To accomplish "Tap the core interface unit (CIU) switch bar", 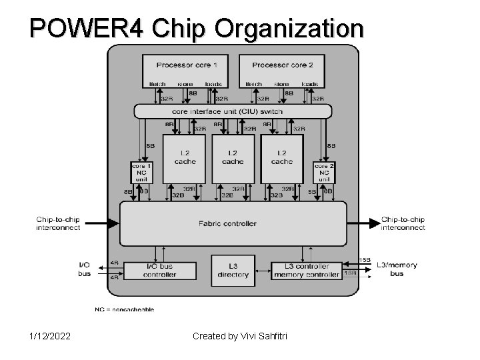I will pyautogui.click(x=232, y=111).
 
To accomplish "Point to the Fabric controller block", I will pyautogui.click(x=233, y=223).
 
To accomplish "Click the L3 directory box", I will pyautogui.click(x=233, y=271).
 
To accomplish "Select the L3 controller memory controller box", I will pyautogui.click(x=307, y=270).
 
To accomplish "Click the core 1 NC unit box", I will pyautogui.click(x=141, y=173).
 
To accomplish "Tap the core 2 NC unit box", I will pyautogui.click(x=324, y=173).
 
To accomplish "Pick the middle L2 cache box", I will pyautogui.click(x=233, y=158).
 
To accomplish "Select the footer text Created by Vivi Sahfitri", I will pyautogui.click(x=239, y=335).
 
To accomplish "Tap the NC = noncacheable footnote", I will pyautogui.click(x=124, y=309).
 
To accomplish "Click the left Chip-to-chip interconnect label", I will pyautogui.click(x=58, y=223).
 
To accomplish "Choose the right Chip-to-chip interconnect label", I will pyautogui.click(x=403, y=223).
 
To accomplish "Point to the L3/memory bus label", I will pyautogui.click(x=397, y=269).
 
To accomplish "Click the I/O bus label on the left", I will pyautogui.click(x=85, y=269).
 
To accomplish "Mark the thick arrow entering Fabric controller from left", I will pyautogui.click(x=100, y=223).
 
